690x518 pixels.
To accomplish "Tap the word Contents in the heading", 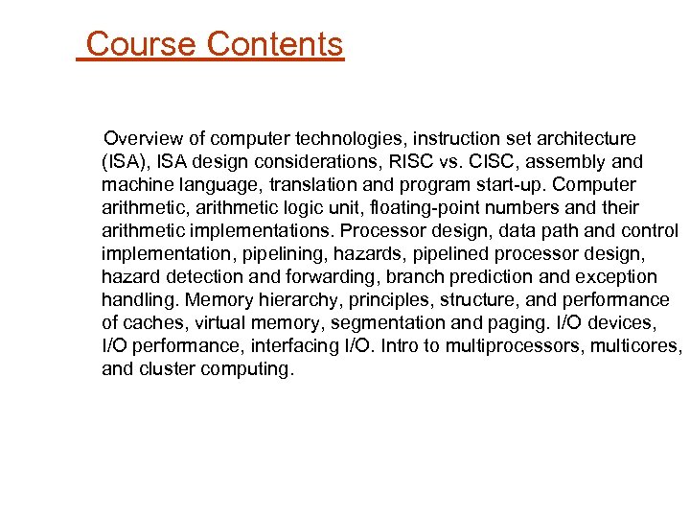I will point(275,44).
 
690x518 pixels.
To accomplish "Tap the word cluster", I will point(167,369).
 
